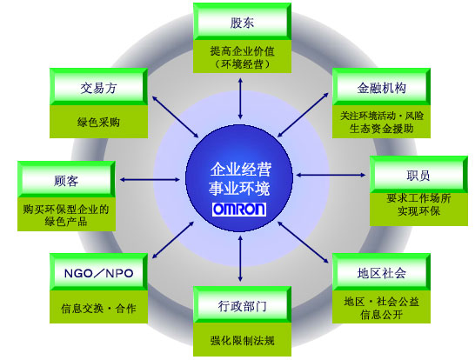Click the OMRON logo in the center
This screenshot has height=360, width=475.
tap(239, 210)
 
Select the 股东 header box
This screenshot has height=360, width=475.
tap(242, 22)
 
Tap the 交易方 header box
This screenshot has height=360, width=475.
tap(99, 87)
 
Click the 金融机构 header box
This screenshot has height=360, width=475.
tap(381, 87)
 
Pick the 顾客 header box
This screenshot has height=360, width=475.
tap(66, 179)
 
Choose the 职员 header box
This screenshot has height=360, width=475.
tap(418, 175)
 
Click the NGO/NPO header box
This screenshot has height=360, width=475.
tap(99, 272)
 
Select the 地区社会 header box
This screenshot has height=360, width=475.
tap(381, 272)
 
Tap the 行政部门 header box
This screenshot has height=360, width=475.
tap(242, 305)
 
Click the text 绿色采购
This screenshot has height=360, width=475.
tap(98, 122)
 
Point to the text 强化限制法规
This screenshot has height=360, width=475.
tap(243, 340)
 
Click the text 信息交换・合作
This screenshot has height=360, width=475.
tap(98, 308)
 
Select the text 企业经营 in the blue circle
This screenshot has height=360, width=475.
tap(241, 169)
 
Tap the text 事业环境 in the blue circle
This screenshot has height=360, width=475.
tap(239, 188)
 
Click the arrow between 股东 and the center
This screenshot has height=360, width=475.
tap(240, 98)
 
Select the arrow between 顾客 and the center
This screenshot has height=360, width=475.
tap(150, 179)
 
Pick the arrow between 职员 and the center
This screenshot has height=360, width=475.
tap(331, 175)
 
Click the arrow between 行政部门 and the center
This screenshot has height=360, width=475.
tap(240, 259)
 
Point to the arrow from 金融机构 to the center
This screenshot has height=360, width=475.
tap(303, 115)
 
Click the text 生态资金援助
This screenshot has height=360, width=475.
tap(381, 129)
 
